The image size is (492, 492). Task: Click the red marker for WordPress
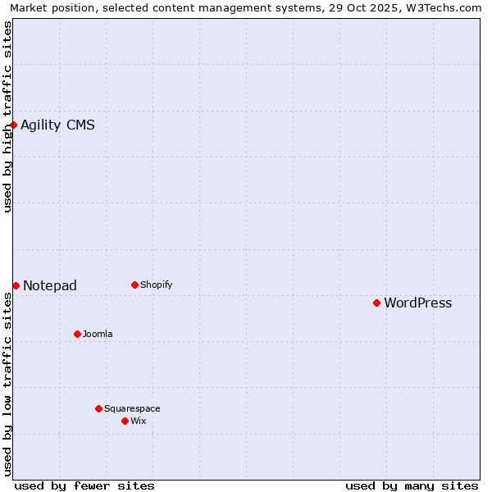(x=376, y=303)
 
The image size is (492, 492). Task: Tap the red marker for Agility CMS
(x=14, y=125)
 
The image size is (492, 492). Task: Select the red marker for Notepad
(x=16, y=285)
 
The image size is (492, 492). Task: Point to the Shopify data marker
(x=134, y=285)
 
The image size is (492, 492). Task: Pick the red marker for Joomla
(x=77, y=334)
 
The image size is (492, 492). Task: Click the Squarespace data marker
(x=98, y=408)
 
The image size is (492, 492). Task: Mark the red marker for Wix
(x=125, y=421)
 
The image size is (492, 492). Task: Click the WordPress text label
(x=417, y=303)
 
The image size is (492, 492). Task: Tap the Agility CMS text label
(x=57, y=125)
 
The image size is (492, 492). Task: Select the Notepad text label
(x=50, y=286)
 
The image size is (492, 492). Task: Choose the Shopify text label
(x=156, y=285)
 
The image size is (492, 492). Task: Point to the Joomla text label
(x=98, y=334)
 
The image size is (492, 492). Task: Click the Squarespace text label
(x=132, y=408)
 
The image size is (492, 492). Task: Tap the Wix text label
(x=138, y=421)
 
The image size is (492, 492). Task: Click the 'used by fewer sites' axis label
(x=84, y=485)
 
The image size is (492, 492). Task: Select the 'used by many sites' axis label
(x=412, y=485)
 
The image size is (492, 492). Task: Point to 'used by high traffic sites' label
(x=7, y=116)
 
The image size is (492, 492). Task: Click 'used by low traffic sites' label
(x=7, y=384)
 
